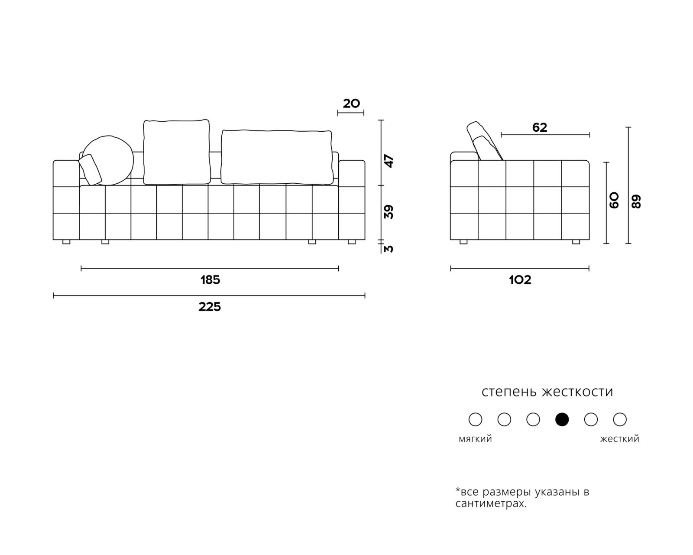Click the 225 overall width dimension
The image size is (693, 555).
point(210,307)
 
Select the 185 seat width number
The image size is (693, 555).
point(210,280)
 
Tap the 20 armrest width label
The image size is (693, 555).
point(351,104)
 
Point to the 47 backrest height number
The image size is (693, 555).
point(389,161)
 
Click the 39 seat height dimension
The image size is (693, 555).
point(389,212)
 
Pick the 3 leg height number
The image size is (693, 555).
point(389,249)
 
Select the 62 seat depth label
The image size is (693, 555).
point(540,127)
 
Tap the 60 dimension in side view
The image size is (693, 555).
point(614,201)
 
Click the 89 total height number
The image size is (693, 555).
point(636,201)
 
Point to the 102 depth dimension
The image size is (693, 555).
point(520,280)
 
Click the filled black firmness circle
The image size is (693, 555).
point(562,419)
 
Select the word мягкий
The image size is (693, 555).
point(475,439)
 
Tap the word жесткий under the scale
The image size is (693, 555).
point(619,439)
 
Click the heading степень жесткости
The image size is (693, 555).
point(547,392)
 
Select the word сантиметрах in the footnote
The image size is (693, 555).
point(491,503)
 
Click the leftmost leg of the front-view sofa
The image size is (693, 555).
point(66,242)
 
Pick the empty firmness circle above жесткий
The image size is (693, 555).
point(620,419)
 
